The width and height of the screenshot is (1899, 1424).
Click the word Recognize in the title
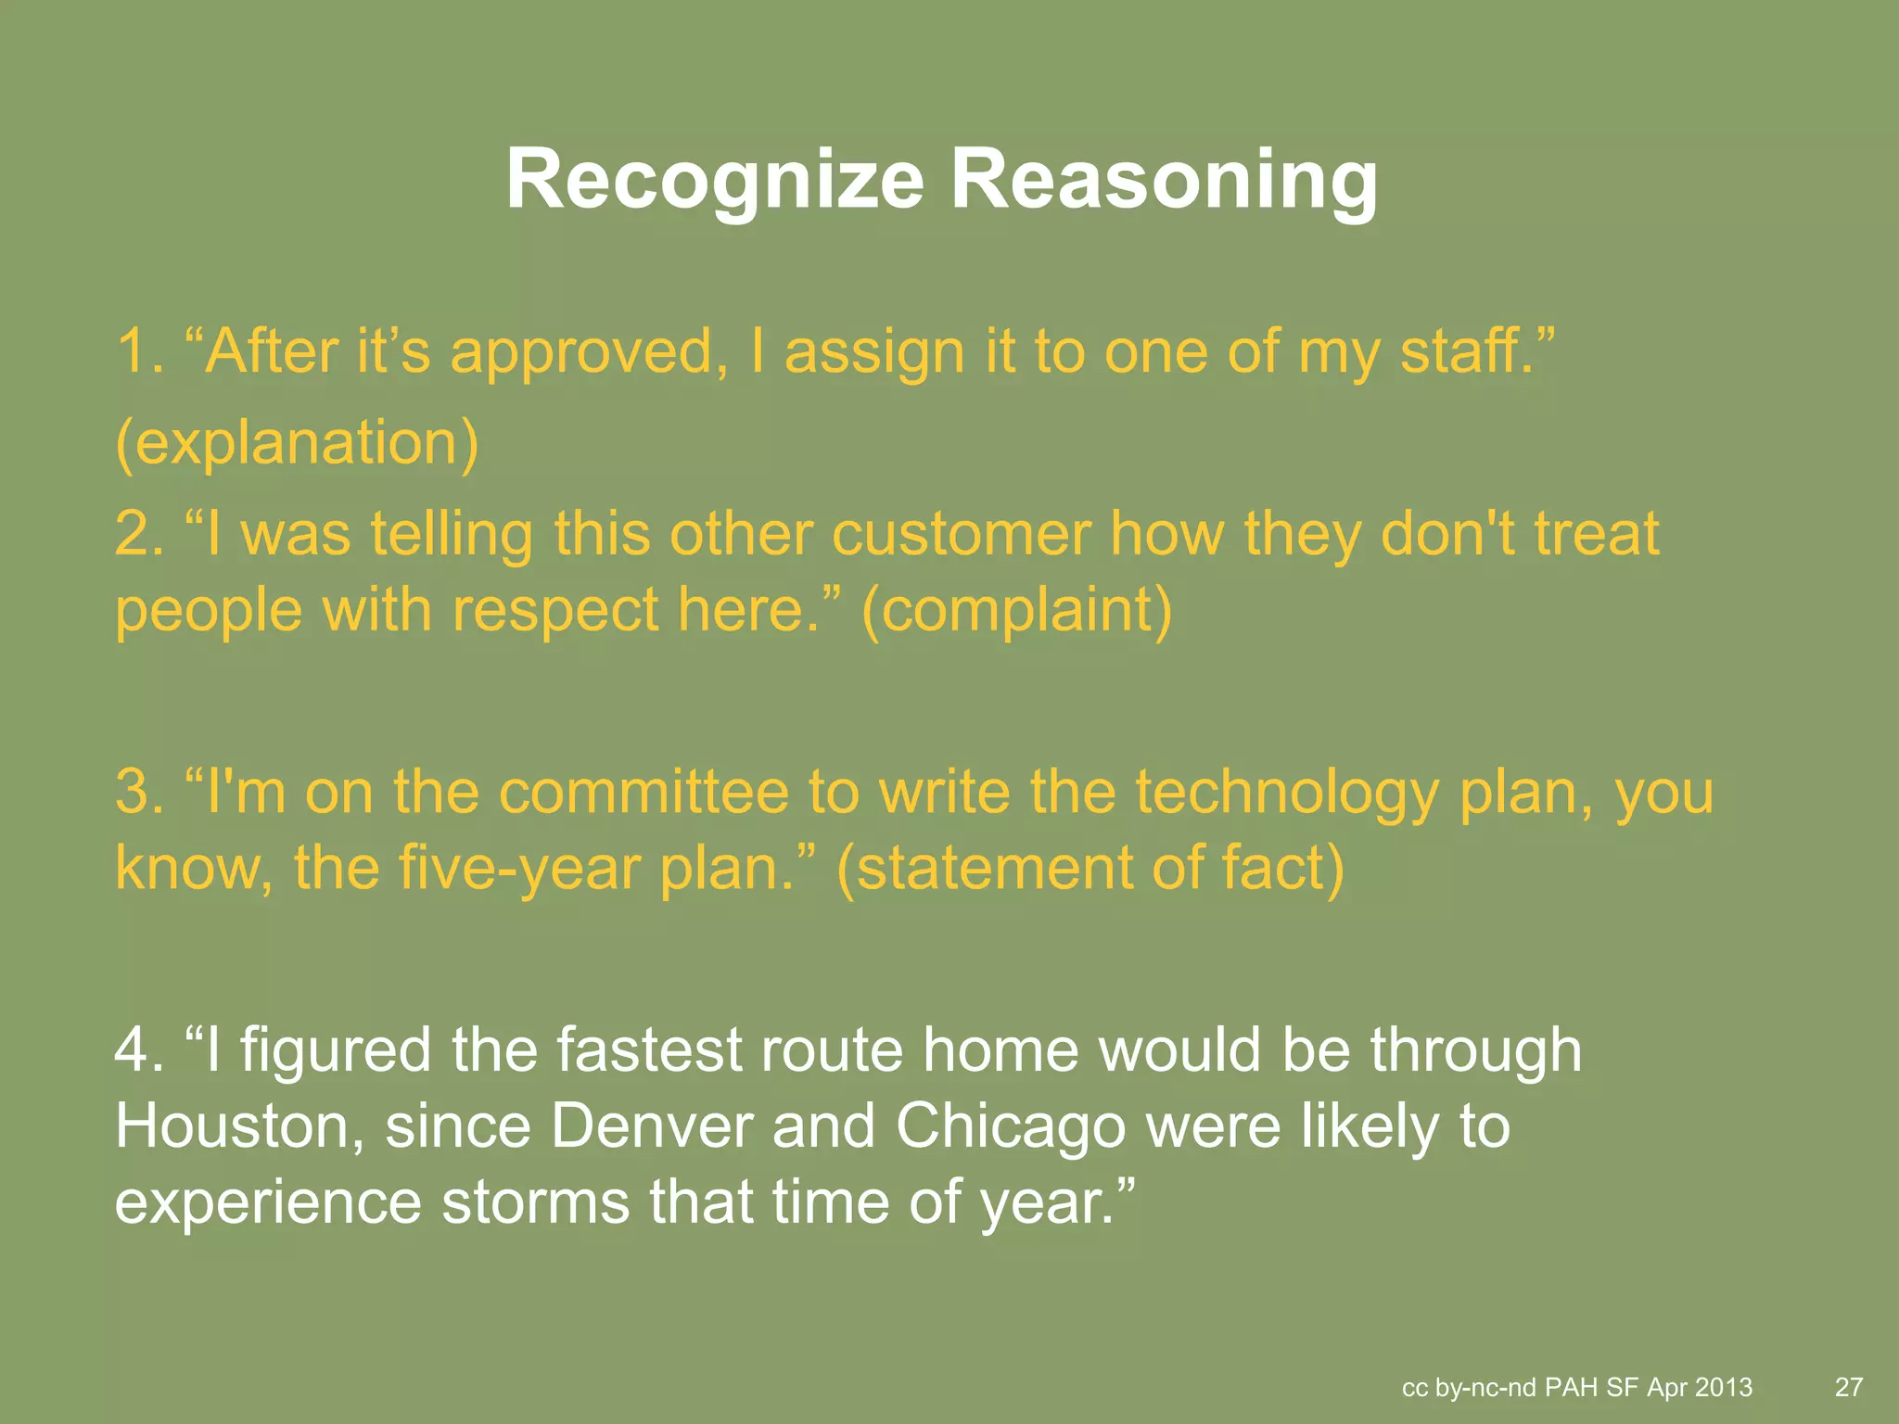pos(715,181)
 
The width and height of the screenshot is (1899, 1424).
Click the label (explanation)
pos(298,443)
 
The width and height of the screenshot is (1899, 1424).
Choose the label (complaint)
pos(1017,611)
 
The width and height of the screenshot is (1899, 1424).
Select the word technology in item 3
pos(1287,793)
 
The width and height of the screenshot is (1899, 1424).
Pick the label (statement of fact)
pos(1090,869)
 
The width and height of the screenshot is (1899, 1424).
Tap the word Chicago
pos(1011,1126)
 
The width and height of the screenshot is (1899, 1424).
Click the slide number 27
pos(1849,1387)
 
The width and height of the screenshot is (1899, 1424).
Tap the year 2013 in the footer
pos(1724,1387)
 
